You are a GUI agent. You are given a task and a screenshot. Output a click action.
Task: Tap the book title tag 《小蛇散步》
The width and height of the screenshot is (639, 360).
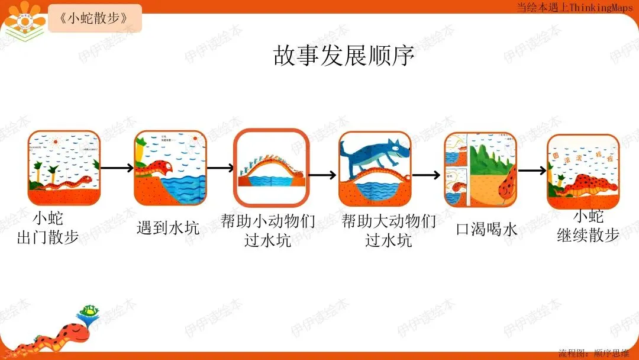point(95,18)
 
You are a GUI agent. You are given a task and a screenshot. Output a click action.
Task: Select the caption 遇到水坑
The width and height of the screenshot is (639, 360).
point(168,227)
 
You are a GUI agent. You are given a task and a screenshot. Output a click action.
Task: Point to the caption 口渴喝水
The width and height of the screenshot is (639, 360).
point(487,229)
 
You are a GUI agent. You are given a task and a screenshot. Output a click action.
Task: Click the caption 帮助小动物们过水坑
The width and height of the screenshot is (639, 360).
point(268,230)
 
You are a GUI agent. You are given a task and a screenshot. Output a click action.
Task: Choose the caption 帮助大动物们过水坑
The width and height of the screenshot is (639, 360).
point(389,230)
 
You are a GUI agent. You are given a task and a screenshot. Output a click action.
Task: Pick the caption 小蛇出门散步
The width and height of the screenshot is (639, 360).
point(48,228)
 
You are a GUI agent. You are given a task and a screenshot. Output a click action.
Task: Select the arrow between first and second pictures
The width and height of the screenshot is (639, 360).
point(117,168)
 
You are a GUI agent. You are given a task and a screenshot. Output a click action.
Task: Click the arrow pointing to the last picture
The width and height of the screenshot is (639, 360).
point(532,171)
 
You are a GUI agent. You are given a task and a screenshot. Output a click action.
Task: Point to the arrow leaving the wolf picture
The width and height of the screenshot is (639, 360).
point(427,175)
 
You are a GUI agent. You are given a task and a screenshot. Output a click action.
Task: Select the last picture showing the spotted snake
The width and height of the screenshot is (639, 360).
point(583,171)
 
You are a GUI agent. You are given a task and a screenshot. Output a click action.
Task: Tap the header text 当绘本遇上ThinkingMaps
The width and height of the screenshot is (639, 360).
point(566,7)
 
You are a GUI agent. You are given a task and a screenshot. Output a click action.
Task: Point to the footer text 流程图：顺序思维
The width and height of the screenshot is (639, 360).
point(594,353)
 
